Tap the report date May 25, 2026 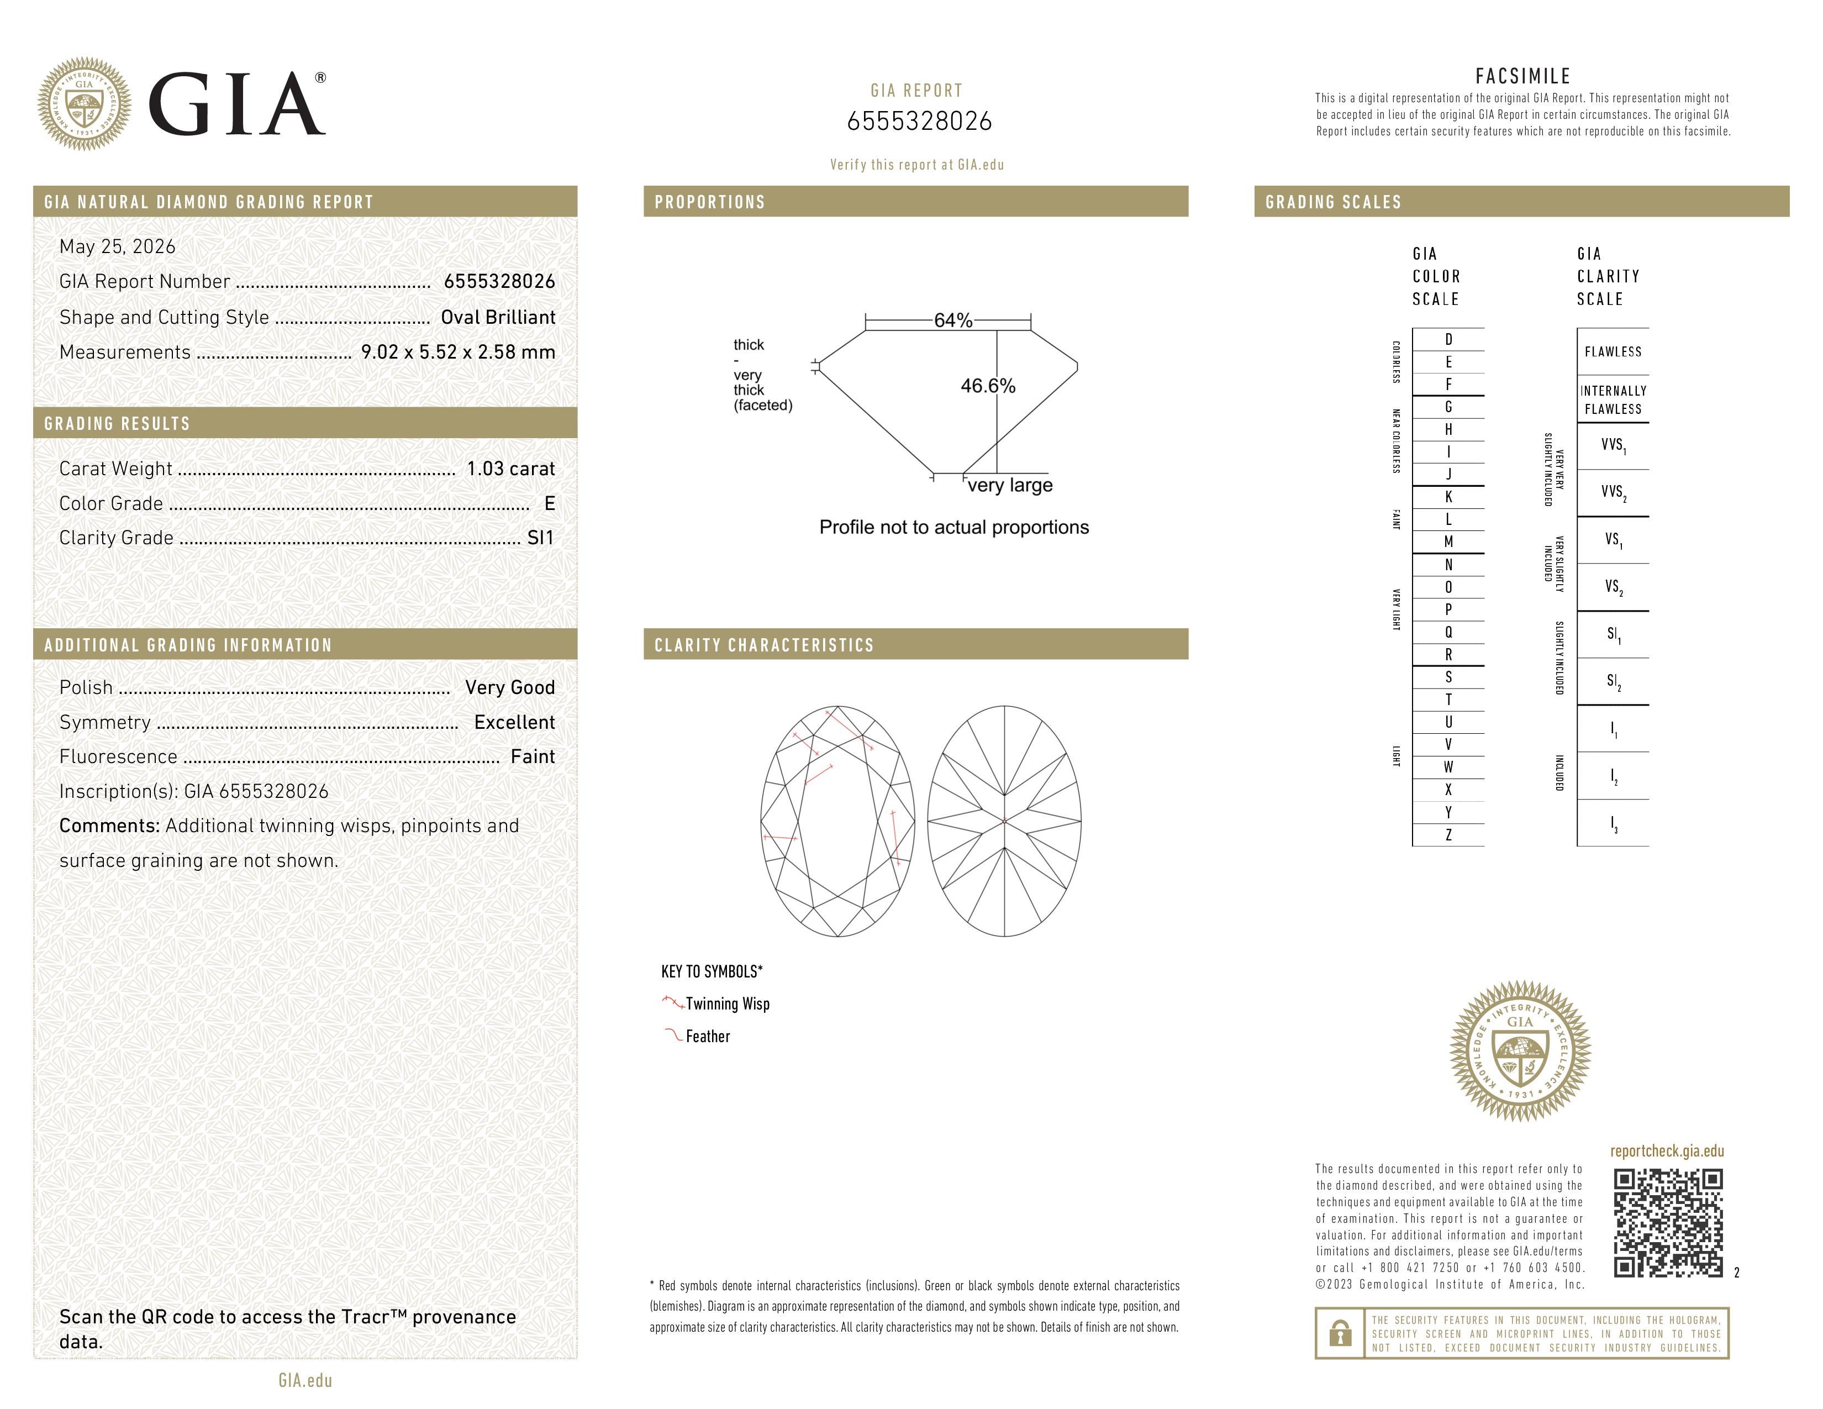(x=118, y=247)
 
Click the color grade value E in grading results (x=549, y=503)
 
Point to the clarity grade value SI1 (x=541, y=538)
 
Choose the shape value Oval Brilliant (x=498, y=317)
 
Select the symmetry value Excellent (x=514, y=722)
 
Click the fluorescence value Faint (x=533, y=757)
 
